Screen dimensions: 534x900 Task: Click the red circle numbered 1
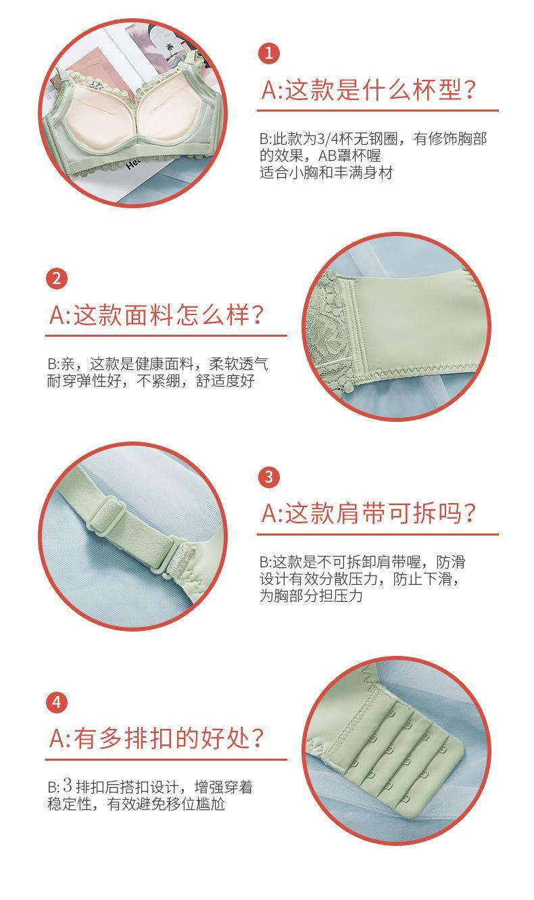[x=269, y=53]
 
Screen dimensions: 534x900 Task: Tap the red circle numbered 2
[x=57, y=279]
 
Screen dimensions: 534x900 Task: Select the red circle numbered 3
[x=269, y=477]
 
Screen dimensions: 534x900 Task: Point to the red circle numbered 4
[x=57, y=703]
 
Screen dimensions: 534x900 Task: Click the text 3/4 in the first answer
[x=328, y=139]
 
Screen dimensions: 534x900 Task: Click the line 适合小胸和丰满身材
[x=326, y=173]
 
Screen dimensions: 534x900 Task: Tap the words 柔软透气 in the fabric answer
[x=239, y=364]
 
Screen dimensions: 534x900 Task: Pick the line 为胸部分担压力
[x=311, y=596]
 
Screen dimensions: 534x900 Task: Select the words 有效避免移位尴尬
[x=166, y=804]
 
